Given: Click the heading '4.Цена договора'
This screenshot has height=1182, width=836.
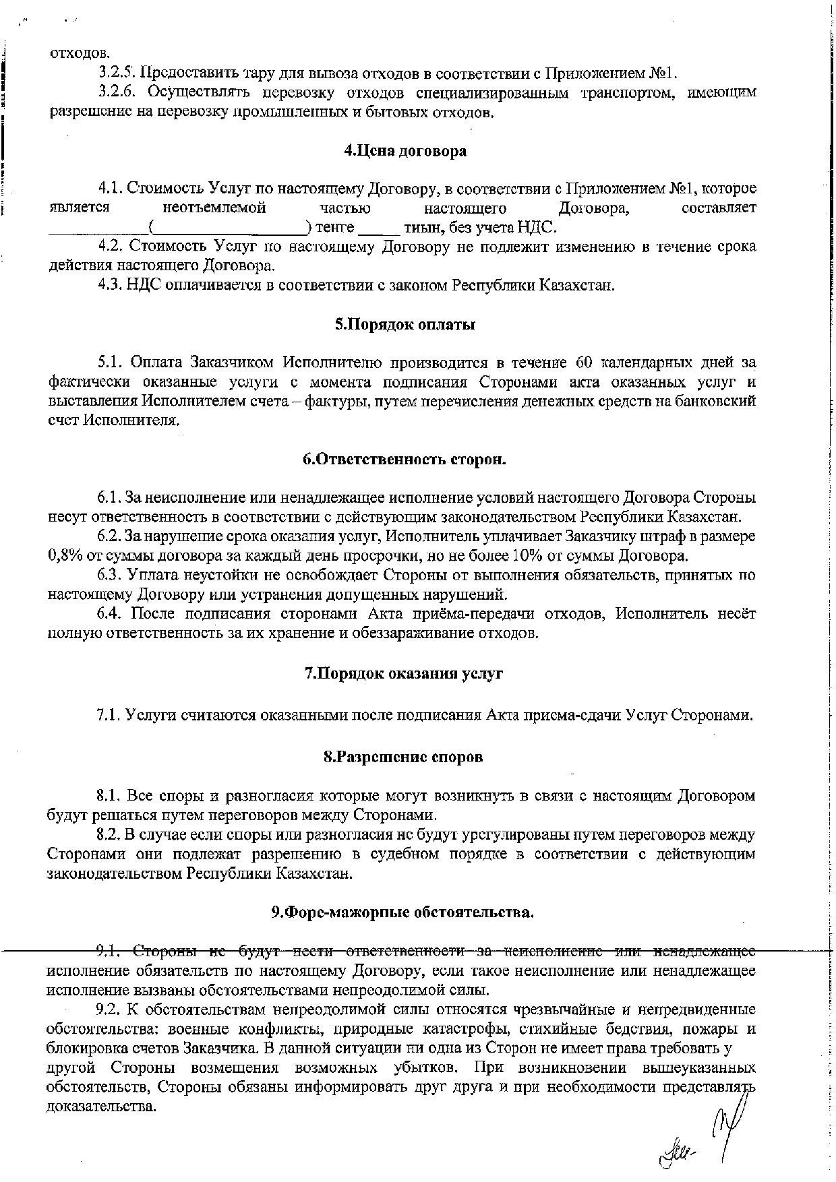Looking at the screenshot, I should pyautogui.click(x=405, y=151).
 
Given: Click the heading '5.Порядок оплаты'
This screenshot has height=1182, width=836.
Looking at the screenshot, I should pyautogui.click(x=405, y=325).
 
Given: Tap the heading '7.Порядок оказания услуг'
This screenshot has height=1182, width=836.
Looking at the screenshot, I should pyautogui.click(x=405, y=674).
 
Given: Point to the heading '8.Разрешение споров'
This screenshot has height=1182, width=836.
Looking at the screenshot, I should pyautogui.click(x=404, y=757).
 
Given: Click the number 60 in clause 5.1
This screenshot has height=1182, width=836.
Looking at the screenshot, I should pyautogui.click(x=585, y=363).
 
